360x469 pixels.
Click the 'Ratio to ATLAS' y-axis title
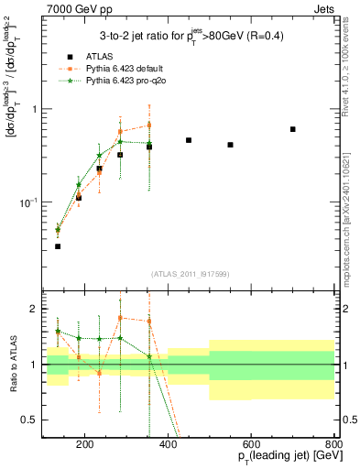pos(13,365)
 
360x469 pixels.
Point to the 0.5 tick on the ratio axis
pos(32,420)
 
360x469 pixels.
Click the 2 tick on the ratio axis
pos(35,310)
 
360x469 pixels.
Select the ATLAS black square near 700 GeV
pos(293,129)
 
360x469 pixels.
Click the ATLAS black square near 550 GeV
pos(231,145)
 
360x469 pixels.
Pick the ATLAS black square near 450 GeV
pos(189,140)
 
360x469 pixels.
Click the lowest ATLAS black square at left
pos(58,246)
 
